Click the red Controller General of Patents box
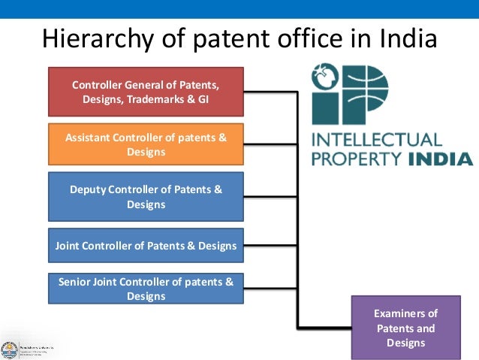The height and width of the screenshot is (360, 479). [x=146, y=92]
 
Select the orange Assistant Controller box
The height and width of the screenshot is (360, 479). [x=146, y=144]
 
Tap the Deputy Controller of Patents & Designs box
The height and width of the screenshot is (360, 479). [x=146, y=197]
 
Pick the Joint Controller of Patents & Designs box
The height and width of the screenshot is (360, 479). [x=146, y=246]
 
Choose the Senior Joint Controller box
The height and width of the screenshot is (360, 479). [x=146, y=289]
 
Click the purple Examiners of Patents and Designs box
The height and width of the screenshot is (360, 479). [x=405, y=328]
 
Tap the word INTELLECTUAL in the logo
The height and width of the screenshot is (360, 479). [x=377, y=140]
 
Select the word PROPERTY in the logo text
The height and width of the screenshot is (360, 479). [x=357, y=159]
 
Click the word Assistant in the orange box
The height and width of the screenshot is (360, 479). [x=89, y=137]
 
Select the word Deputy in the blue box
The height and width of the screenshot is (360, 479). [x=88, y=189]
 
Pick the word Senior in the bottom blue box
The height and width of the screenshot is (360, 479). [x=76, y=282]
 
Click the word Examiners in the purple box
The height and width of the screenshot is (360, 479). [x=405, y=313]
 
